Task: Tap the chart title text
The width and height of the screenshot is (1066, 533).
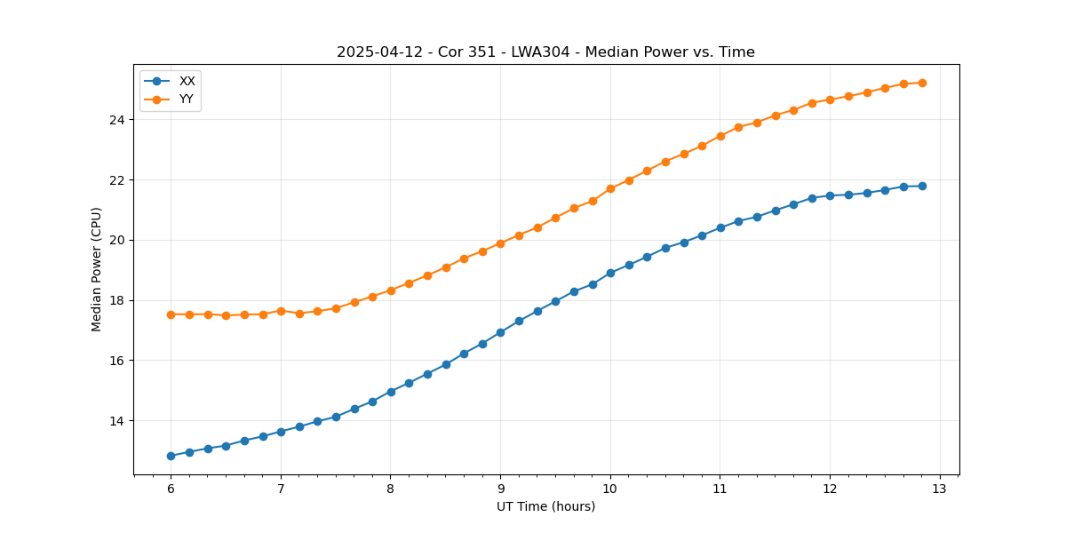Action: pos(545,52)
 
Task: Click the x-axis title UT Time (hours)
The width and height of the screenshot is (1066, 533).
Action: pos(545,506)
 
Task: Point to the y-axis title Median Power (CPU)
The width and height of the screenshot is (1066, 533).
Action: pos(97,269)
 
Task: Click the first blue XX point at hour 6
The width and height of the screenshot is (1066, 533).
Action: pos(171,456)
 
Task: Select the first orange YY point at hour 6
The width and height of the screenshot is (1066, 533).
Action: pos(171,314)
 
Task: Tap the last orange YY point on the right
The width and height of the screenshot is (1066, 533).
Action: pos(922,83)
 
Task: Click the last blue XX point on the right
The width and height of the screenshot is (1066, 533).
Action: pos(922,186)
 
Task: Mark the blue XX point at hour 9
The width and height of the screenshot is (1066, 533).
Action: pos(500,332)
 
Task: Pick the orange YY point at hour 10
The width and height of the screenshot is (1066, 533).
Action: pos(610,188)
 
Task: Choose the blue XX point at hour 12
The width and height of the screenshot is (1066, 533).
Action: pos(830,195)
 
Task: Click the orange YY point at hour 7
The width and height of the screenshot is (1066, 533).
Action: pos(281,311)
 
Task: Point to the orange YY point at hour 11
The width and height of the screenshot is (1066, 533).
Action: pos(720,136)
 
